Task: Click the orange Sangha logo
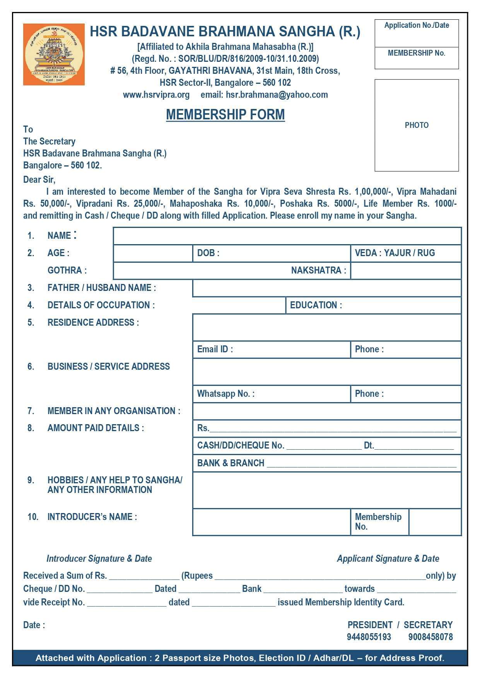pos(54,54)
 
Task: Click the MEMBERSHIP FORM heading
pos(225,114)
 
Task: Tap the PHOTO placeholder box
pos(417,125)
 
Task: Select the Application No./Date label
pos(417,25)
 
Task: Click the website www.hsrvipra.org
pos(156,95)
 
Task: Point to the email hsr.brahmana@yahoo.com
pos(277,95)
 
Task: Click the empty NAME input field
pos(287,236)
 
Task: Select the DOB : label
pos(208,253)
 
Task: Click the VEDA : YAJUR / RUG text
pos(395,253)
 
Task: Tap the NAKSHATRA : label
pos(318,270)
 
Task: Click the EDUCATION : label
pos(316,305)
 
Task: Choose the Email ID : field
pos(271,350)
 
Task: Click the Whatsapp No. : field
pos(271,394)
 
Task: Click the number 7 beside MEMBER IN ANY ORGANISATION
pos(31,411)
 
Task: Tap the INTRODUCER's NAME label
pos(92,517)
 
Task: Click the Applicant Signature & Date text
pos(388,559)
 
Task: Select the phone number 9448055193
pos(369,637)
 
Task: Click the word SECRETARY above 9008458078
pos(428,625)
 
